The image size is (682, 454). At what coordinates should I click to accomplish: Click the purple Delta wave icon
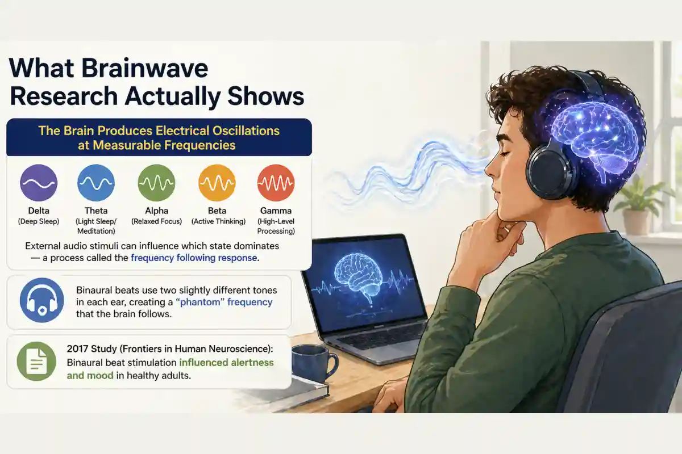pos(39,183)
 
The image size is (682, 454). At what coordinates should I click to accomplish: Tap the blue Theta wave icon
pos(96,183)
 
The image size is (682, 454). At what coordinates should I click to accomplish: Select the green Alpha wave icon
pos(156,183)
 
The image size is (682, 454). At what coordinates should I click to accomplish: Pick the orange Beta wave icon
pos(217,183)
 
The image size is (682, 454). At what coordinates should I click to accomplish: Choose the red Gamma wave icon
pos(276,183)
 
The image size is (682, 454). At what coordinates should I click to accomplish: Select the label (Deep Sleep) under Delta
pos(39,221)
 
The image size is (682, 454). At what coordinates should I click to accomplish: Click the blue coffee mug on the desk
pos(311,364)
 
